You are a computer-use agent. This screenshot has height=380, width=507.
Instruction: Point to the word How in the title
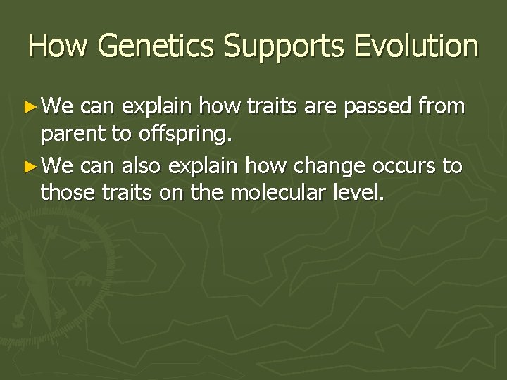pos(58,46)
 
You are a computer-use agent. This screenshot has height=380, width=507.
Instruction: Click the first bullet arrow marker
pos(32,107)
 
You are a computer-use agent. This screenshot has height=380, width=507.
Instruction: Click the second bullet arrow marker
pos(32,167)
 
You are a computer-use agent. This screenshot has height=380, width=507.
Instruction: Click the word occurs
pos(398,167)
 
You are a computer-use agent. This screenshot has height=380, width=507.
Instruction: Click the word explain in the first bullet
pos(158,107)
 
